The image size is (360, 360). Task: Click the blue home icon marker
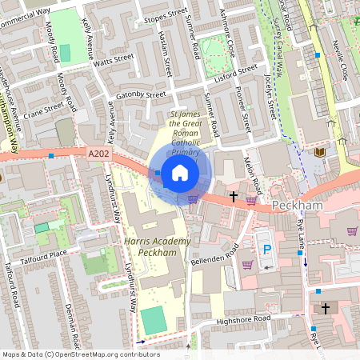click(x=180, y=172)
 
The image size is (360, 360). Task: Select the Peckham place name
click(x=296, y=206)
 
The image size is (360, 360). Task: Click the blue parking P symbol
click(x=268, y=250)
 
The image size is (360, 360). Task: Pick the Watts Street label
click(x=114, y=58)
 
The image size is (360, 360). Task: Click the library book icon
click(x=320, y=152)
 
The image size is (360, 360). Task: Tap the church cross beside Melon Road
click(x=234, y=195)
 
